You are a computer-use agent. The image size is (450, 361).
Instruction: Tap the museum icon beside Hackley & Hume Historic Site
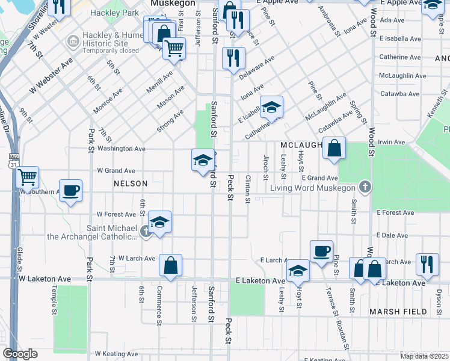tap(73, 41)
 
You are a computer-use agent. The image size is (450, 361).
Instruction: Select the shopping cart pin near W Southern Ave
tap(28, 177)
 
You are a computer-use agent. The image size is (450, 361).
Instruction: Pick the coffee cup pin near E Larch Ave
tap(321, 251)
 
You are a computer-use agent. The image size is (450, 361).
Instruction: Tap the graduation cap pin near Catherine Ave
tap(271, 108)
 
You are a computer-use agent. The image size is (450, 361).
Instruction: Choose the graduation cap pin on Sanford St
tap(203, 160)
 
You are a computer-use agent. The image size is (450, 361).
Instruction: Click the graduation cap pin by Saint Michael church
tap(159, 222)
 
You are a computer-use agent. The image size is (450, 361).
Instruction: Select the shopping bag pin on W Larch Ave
tap(171, 265)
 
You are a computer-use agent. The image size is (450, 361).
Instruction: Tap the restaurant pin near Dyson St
tap(427, 264)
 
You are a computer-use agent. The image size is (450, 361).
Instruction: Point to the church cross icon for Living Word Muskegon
tap(364, 188)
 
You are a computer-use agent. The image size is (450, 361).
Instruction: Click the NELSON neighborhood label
tap(130, 184)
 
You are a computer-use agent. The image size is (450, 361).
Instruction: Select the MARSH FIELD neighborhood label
tap(398, 312)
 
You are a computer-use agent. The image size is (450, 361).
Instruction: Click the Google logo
tap(20, 354)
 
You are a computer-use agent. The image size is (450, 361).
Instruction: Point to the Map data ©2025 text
tap(424, 356)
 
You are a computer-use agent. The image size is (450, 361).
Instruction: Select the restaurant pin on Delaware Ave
tap(232, 58)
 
